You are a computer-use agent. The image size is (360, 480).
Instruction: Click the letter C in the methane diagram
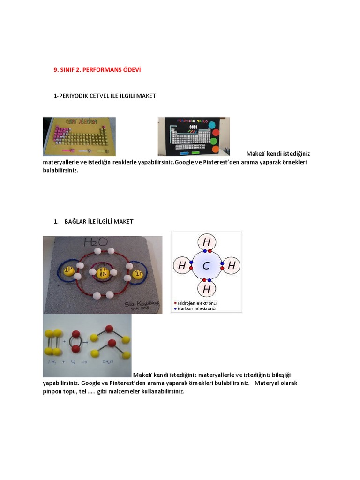pos(206,266)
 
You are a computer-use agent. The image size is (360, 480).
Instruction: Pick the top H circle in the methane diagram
pos(206,243)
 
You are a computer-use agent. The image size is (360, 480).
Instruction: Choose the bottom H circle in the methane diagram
pos(206,289)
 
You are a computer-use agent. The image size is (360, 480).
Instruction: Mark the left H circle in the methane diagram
pos(182,266)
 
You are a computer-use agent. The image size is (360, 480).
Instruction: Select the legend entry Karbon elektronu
pos(196,308)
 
